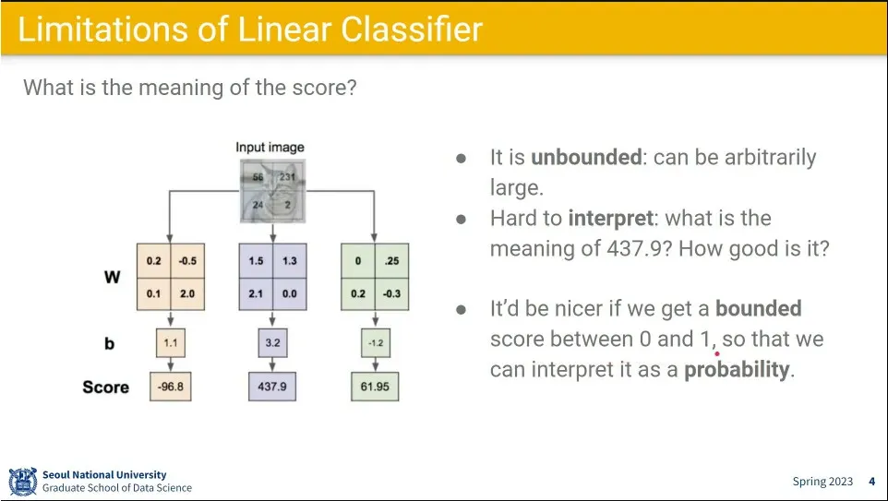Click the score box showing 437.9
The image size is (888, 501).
pos(271,387)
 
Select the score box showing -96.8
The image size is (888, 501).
pos(171,387)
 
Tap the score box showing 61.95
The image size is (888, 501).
pos(374,387)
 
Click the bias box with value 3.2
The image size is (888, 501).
pos(271,343)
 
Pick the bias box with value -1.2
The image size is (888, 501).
pos(374,343)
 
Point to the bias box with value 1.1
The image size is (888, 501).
pos(171,343)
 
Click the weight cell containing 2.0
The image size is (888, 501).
pos(187,293)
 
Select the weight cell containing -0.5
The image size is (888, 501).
pos(187,261)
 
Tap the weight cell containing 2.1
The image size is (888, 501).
pos(255,293)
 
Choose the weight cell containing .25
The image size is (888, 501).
pos(390,261)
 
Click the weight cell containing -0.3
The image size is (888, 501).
pos(390,293)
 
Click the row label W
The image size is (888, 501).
pos(112,277)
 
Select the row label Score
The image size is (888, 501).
pos(105,387)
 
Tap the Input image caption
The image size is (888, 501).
pos(270,147)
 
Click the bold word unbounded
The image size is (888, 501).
pos(585,157)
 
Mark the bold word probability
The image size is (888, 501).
pos(737,370)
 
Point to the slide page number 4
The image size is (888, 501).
pos(872,482)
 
